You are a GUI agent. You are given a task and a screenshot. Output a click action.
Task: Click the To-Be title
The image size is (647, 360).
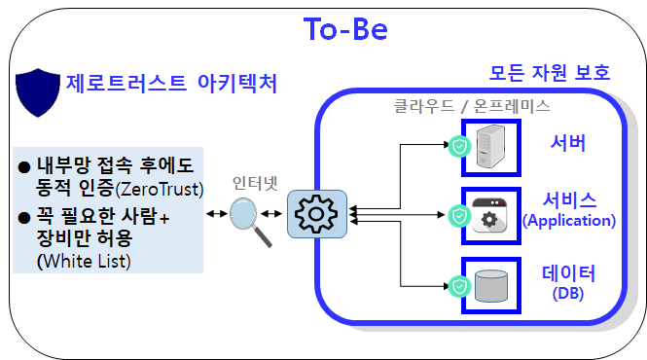tap(346, 30)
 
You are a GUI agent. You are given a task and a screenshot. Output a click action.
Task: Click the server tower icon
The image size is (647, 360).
tap(492, 146)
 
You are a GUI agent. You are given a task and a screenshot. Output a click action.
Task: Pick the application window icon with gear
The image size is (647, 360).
tap(492, 214)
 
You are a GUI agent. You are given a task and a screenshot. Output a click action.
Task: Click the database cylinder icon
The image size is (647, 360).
tap(492, 285)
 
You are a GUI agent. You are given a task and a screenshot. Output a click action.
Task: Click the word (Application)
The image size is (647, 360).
tap(569, 221)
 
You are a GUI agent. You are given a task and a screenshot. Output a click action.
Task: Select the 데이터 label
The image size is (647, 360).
tap(568, 273)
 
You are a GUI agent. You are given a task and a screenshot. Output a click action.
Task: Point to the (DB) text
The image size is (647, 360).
tap(567, 293)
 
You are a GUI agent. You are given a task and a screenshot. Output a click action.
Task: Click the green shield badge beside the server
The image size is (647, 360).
tap(459, 147)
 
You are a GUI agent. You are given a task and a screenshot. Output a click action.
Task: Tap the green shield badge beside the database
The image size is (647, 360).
tap(459, 286)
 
